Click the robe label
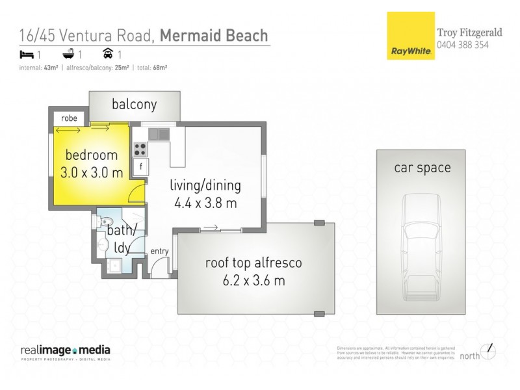point(70,118)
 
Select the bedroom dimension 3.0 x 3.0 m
point(91,173)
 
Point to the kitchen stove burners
point(140,149)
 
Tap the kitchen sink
point(159,134)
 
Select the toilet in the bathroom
point(104,222)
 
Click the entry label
point(159,252)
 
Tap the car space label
point(422,168)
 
